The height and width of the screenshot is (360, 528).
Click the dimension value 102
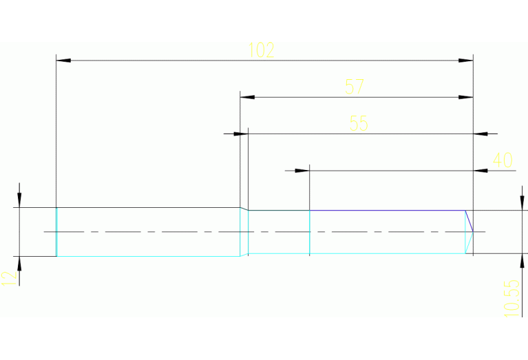[x=261, y=50]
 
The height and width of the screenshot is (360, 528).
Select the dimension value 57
[x=355, y=87]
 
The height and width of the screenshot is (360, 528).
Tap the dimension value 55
[x=359, y=123]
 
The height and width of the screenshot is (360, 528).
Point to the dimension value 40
[x=503, y=160]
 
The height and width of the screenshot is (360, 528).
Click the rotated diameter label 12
[x=8, y=278]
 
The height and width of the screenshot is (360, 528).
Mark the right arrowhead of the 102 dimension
[x=466, y=61]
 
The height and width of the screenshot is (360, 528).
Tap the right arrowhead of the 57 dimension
[x=466, y=97]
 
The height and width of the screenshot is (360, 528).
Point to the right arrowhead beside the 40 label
[x=481, y=170]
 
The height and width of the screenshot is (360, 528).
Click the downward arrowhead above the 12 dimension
[x=19, y=200]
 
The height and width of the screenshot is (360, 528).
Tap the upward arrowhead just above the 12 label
[x=19, y=264]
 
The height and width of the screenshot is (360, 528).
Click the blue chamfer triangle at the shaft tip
[x=469, y=221]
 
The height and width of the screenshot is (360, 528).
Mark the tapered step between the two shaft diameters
[x=244, y=231]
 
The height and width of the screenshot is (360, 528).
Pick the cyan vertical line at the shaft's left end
[x=56, y=231]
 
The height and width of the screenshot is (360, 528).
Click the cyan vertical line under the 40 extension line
[x=310, y=232]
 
